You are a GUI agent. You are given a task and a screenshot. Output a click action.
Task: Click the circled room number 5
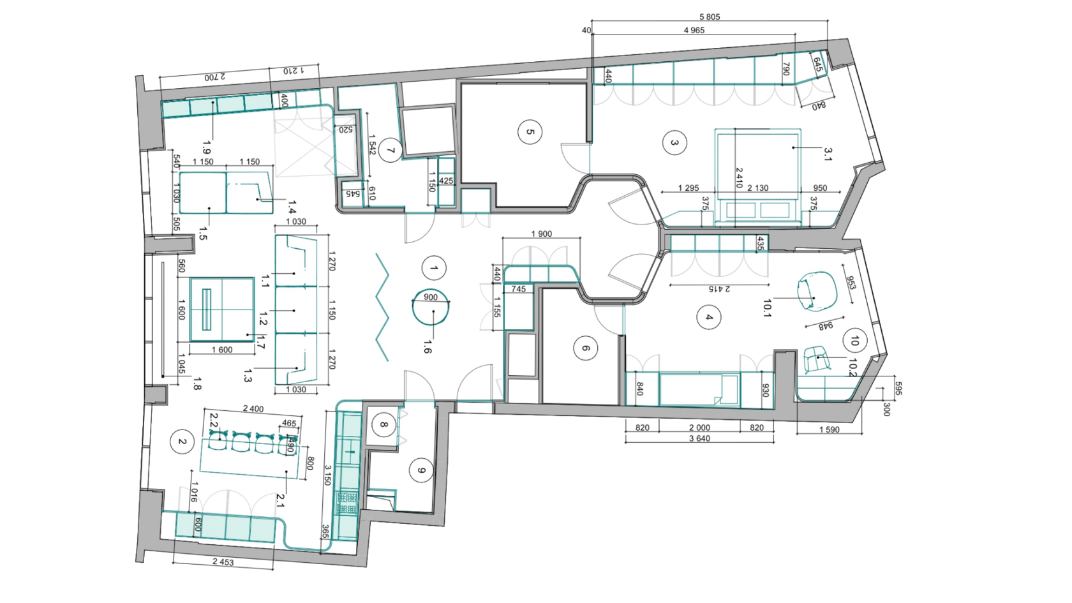(x=530, y=132)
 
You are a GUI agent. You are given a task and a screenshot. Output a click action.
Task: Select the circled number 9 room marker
(x=421, y=470)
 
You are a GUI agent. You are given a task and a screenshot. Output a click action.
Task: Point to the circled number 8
(x=384, y=424)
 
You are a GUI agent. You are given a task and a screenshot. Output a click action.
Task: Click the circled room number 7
(x=390, y=151)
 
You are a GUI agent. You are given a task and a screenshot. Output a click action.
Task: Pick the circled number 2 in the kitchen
(x=182, y=442)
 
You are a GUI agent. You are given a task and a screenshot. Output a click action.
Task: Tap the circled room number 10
(x=855, y=341)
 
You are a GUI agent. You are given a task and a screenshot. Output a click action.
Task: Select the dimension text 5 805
(x=710, y=17)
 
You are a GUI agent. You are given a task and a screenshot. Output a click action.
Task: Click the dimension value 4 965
(x=694, y=30)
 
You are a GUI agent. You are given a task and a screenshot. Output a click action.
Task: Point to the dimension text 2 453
(x=223, y=562)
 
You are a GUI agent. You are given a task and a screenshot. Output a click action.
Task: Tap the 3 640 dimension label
(x=699, y=438)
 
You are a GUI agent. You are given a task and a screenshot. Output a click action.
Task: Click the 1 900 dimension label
(x=542, y=234)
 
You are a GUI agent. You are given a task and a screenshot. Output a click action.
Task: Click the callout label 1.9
(x=207, y=147)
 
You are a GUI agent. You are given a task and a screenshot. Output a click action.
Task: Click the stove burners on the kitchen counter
(x=347, y=503)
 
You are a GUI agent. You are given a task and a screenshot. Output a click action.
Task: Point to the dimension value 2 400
(x=253, y=408)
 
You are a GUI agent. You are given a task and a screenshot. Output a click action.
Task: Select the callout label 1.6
(x=428, y=346)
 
